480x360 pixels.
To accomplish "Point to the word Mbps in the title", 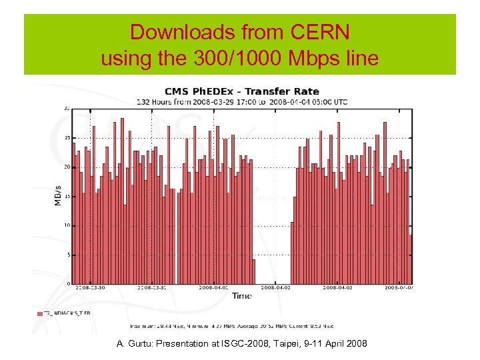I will [x=307, y=59].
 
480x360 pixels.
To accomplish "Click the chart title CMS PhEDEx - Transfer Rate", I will [x=243, y=91].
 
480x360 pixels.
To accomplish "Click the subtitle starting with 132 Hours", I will [x=243, y=102].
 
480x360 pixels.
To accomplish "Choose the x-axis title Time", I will [x=243, y=295].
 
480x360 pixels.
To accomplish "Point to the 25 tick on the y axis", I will [x=67, y=137].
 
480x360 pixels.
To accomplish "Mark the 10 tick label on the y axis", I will [x=67, y=225].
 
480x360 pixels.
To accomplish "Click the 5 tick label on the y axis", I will [x=68, y=255].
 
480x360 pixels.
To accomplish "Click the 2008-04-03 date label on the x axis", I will [x=338, y=288].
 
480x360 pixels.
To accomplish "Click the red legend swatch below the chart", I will [x=40, y=313].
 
